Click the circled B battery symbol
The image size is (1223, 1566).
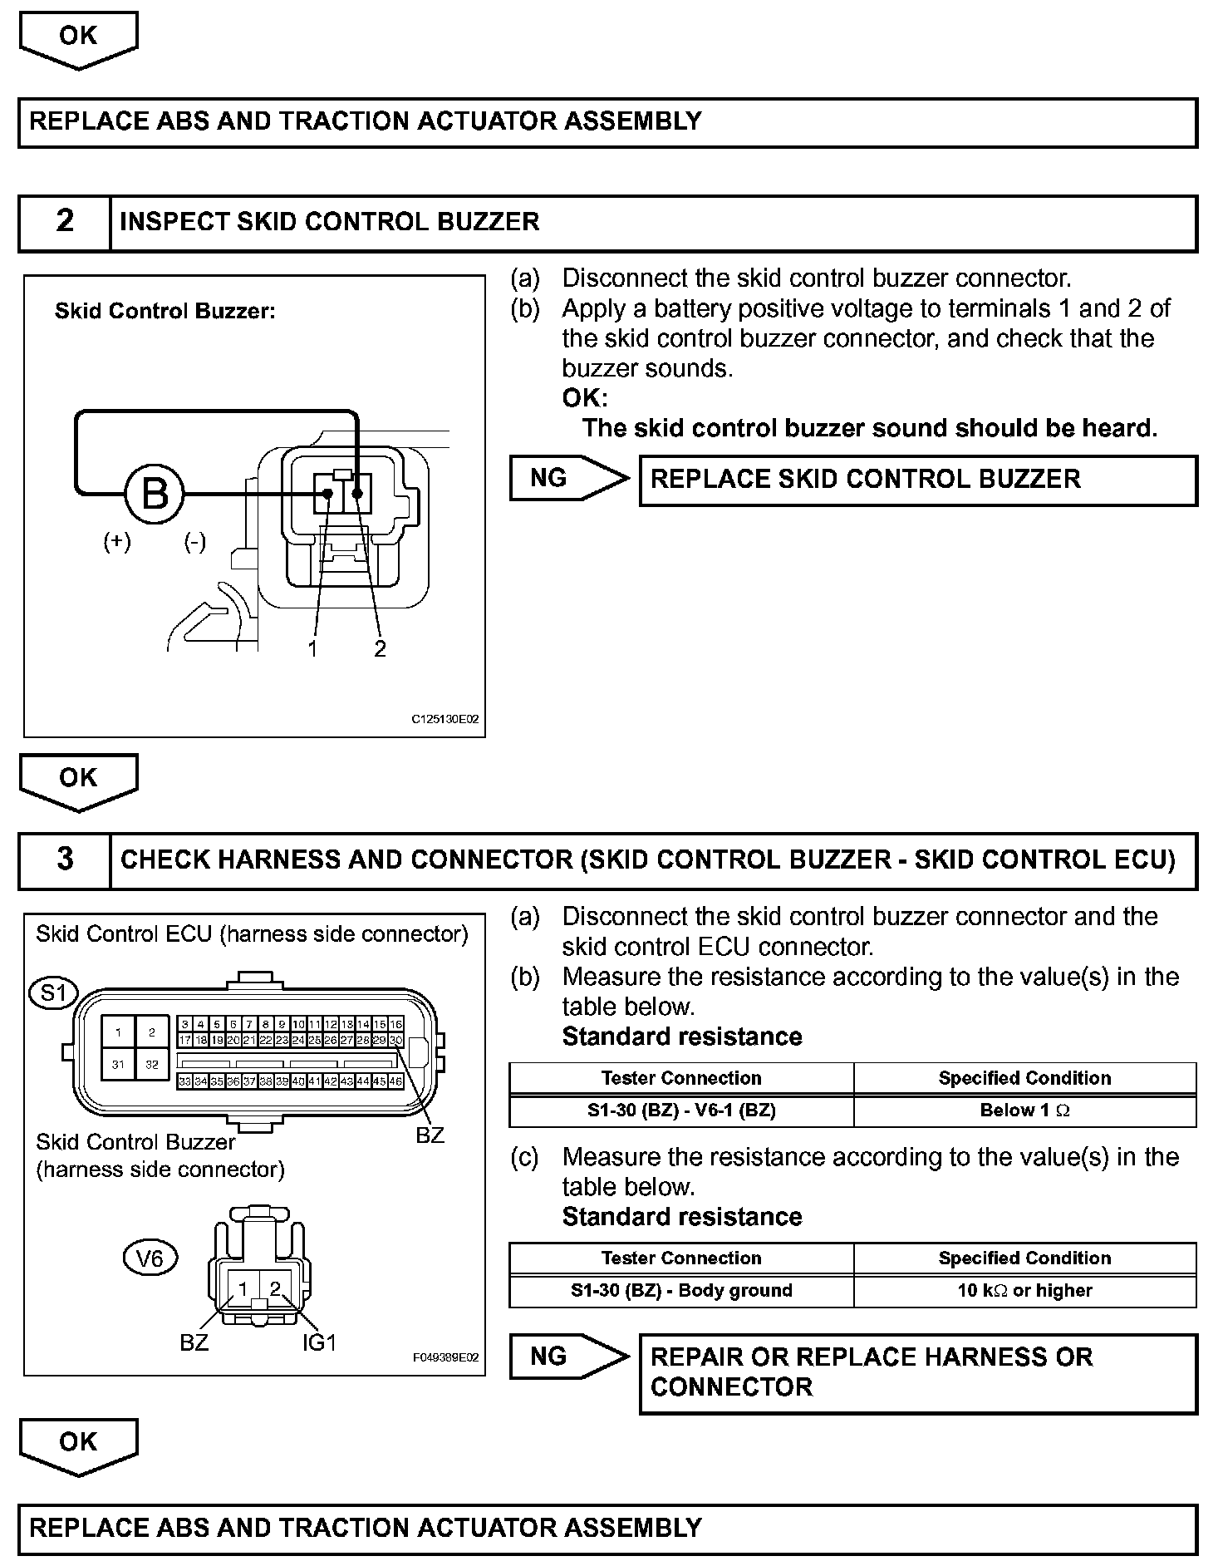(155, 494)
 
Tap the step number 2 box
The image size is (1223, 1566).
(65, 222)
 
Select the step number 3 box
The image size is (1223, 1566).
(65, 859)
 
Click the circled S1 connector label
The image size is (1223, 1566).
(53, 993)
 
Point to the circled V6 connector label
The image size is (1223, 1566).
(150, 1259)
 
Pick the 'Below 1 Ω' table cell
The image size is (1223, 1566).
(1024, 1110)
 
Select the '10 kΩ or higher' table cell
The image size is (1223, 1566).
(1024, 1290)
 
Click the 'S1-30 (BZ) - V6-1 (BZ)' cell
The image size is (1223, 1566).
(681, 1110)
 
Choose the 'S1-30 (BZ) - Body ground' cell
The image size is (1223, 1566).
(681, 1290)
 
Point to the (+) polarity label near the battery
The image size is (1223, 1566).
(117, 542)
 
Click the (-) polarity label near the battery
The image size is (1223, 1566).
(194, 542)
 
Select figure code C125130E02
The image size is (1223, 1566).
(445, 719)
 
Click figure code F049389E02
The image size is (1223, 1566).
(446, 1357)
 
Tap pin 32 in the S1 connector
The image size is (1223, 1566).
(152, 1063)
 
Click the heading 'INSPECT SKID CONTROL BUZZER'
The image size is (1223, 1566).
(330, 222)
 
